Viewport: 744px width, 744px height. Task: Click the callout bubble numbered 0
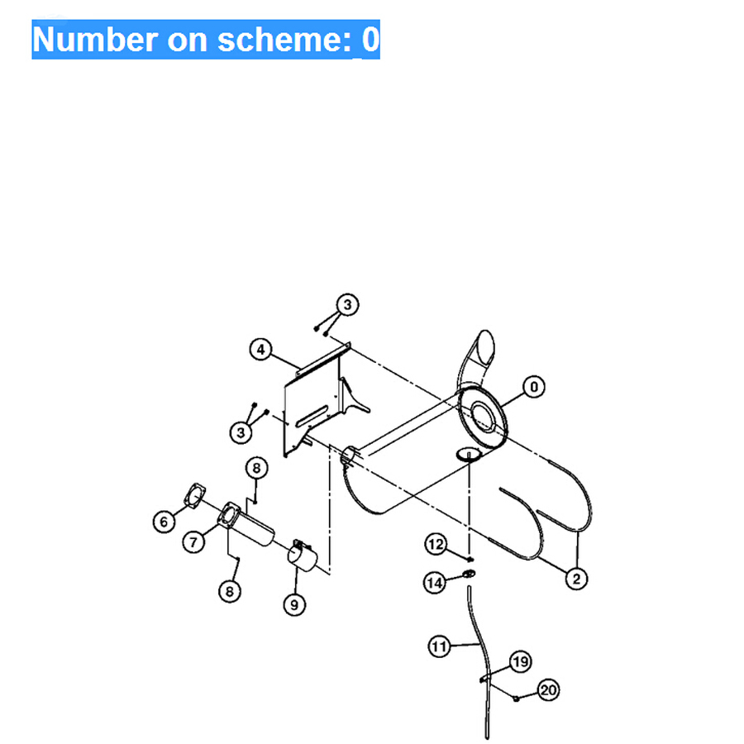pos(534,387)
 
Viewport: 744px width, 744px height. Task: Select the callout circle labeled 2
pos(576,579)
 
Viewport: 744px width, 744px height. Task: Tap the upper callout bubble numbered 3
pos(347,304)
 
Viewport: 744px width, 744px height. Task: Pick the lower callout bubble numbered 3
pos(241,432)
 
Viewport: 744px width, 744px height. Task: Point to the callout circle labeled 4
pos(260,350)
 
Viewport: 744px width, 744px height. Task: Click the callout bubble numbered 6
pos(165,522)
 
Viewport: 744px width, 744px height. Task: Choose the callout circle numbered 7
pos(193,541)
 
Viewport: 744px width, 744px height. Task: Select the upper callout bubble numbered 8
pos(257,468)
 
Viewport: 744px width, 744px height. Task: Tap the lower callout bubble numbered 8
pos(230,591)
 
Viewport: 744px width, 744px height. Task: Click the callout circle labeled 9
pos(294,604)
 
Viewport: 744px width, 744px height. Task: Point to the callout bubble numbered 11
pos(440,646)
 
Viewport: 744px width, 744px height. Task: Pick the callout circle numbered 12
pos(436,544)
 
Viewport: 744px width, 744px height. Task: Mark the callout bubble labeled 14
pos(435,582)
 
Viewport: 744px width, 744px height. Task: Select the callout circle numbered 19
pos(521,661)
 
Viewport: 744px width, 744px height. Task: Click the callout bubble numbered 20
pos(549,690)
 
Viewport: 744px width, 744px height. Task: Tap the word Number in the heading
pos(95,40)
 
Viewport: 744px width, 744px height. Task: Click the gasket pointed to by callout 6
pos(194,496)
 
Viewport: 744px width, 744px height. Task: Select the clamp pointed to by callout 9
pos(303,556)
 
